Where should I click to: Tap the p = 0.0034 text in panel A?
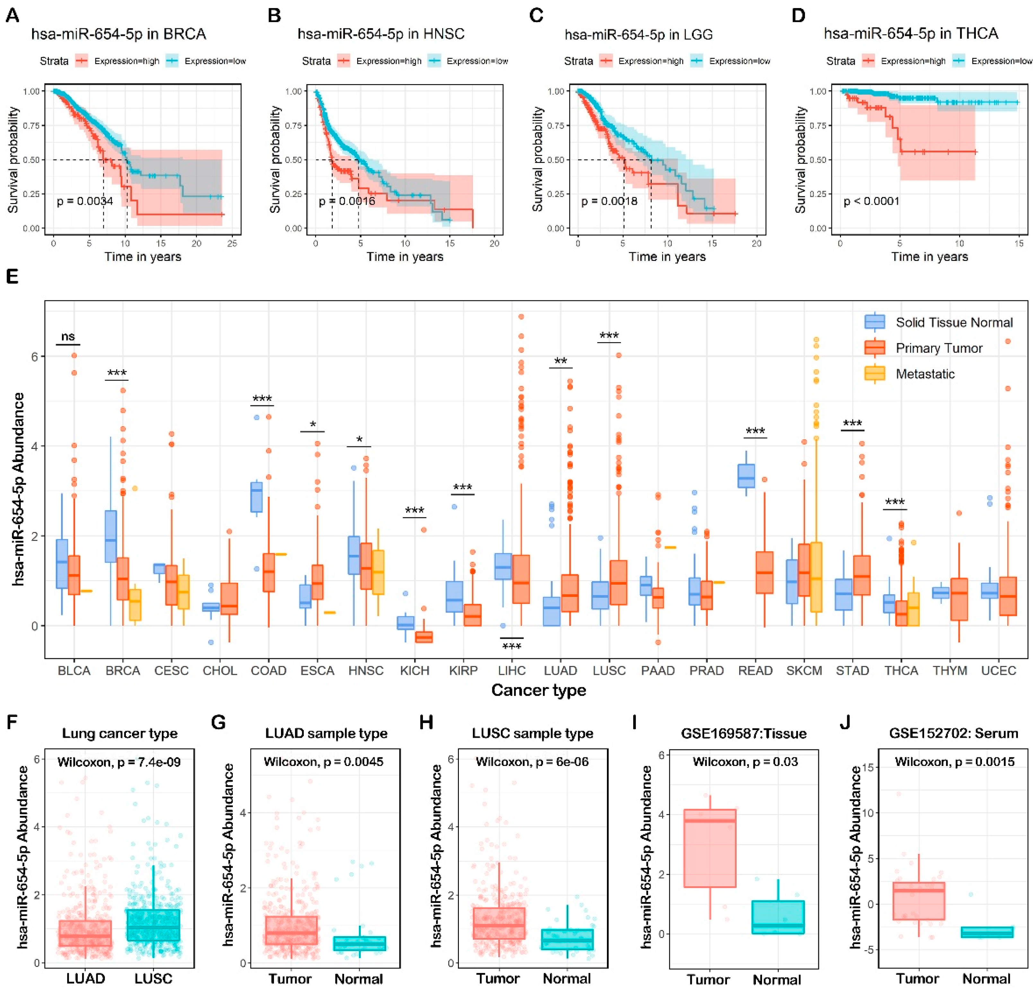tap(85, 201)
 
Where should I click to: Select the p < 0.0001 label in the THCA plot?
tap(871, 201)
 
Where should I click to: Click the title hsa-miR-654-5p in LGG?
tap(638, 35)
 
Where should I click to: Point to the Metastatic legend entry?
tap(925, 374)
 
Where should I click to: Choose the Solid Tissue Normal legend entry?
tap(954, 322)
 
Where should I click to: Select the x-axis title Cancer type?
tap(538, 690)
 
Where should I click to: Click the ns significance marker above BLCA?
tap(68, 337)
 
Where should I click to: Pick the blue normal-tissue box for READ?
tap(746, 476)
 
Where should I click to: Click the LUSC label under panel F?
tap(153, 978)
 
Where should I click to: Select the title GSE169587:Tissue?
tap(743, 733)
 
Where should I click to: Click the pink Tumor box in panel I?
tap(709, 848)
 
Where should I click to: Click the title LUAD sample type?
tap(326, 733)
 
